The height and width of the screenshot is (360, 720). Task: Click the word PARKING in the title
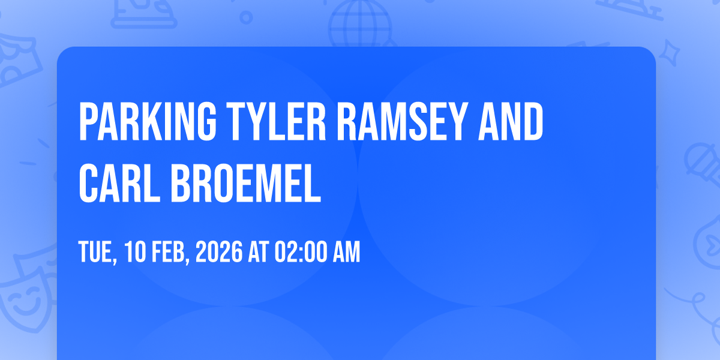point(148,121)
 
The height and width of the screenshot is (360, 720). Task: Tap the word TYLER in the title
point(277,121)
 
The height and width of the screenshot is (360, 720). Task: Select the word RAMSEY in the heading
point(402,121)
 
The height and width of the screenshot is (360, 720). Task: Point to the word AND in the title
point(511,121)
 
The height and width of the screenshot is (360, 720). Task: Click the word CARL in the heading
point(119,183)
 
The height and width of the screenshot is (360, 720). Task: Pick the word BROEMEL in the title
point(246,183)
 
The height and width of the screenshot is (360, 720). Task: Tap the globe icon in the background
point(360,24)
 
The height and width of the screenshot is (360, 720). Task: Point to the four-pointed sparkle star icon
point(670,53)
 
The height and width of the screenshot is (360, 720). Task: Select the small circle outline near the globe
point(246,17)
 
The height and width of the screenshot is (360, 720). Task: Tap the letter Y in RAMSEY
point(457,121)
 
